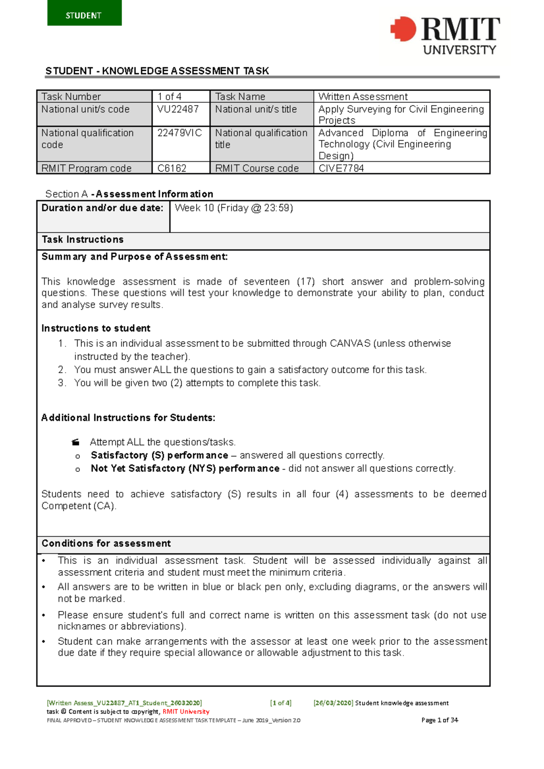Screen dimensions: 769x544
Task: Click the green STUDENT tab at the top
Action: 84,13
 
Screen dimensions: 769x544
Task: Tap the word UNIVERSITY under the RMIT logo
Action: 459,50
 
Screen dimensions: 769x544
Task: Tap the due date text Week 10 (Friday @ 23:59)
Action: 234,208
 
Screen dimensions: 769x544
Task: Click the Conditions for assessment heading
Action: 106,543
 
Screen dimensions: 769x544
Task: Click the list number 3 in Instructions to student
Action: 62,383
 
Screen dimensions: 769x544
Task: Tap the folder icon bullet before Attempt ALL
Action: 76,442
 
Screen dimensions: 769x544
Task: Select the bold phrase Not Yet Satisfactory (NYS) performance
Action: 185,468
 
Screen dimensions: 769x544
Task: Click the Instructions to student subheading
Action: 96,328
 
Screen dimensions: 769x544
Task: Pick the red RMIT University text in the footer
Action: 186,711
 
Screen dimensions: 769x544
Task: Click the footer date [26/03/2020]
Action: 333,703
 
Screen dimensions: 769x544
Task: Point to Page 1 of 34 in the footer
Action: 440,720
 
